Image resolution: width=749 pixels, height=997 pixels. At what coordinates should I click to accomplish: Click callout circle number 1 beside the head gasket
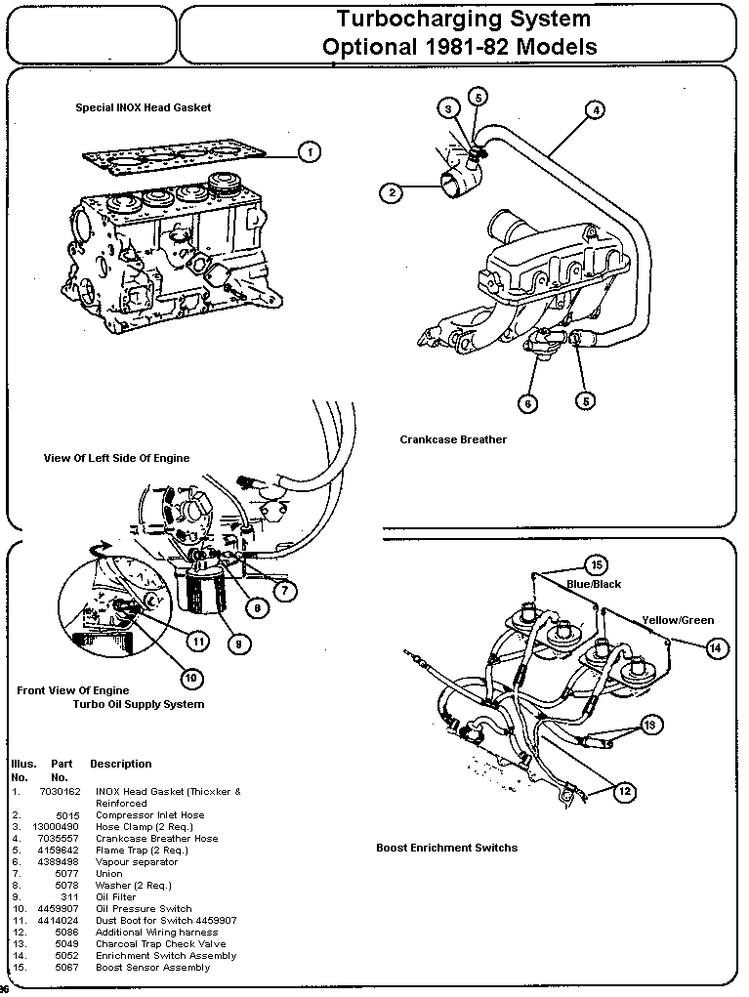(x=309, y=151)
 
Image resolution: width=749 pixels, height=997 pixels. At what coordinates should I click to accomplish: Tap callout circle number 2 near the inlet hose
(x=391, y=192)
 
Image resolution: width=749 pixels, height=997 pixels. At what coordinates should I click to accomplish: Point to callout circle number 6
(x=527, y=403)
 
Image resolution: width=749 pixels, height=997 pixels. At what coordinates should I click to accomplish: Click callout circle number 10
(x=188, y=677)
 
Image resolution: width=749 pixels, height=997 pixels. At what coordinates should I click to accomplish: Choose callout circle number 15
(x=596, y=565)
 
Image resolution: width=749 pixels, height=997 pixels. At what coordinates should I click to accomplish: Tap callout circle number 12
(x=625, y=792)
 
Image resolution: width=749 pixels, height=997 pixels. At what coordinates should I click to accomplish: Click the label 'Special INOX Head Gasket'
(x=144, y=107)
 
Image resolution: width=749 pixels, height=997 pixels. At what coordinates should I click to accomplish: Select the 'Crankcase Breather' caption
(x=453, y=439)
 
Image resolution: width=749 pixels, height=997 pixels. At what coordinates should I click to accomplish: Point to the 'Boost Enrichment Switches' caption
(x=446, y=848)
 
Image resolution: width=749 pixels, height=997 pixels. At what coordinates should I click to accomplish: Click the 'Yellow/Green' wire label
(x=678, y=620)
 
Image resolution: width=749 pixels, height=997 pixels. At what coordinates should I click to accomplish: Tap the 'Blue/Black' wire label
(x=594, y=584)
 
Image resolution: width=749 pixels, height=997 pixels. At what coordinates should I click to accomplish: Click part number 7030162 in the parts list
(x=60, y=791)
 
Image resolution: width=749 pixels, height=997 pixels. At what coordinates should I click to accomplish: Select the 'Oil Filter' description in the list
(x=116, y=896)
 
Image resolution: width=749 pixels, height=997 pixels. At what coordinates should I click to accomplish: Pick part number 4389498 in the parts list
(x=60, y=861)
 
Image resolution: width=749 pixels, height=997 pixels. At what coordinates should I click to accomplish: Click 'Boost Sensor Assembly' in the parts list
(x=152, y=967)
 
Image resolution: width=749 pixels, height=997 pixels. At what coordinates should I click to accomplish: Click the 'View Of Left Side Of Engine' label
(x=117, y=457)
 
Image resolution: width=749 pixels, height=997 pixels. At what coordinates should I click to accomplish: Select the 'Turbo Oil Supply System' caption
(x=139, y=703)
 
